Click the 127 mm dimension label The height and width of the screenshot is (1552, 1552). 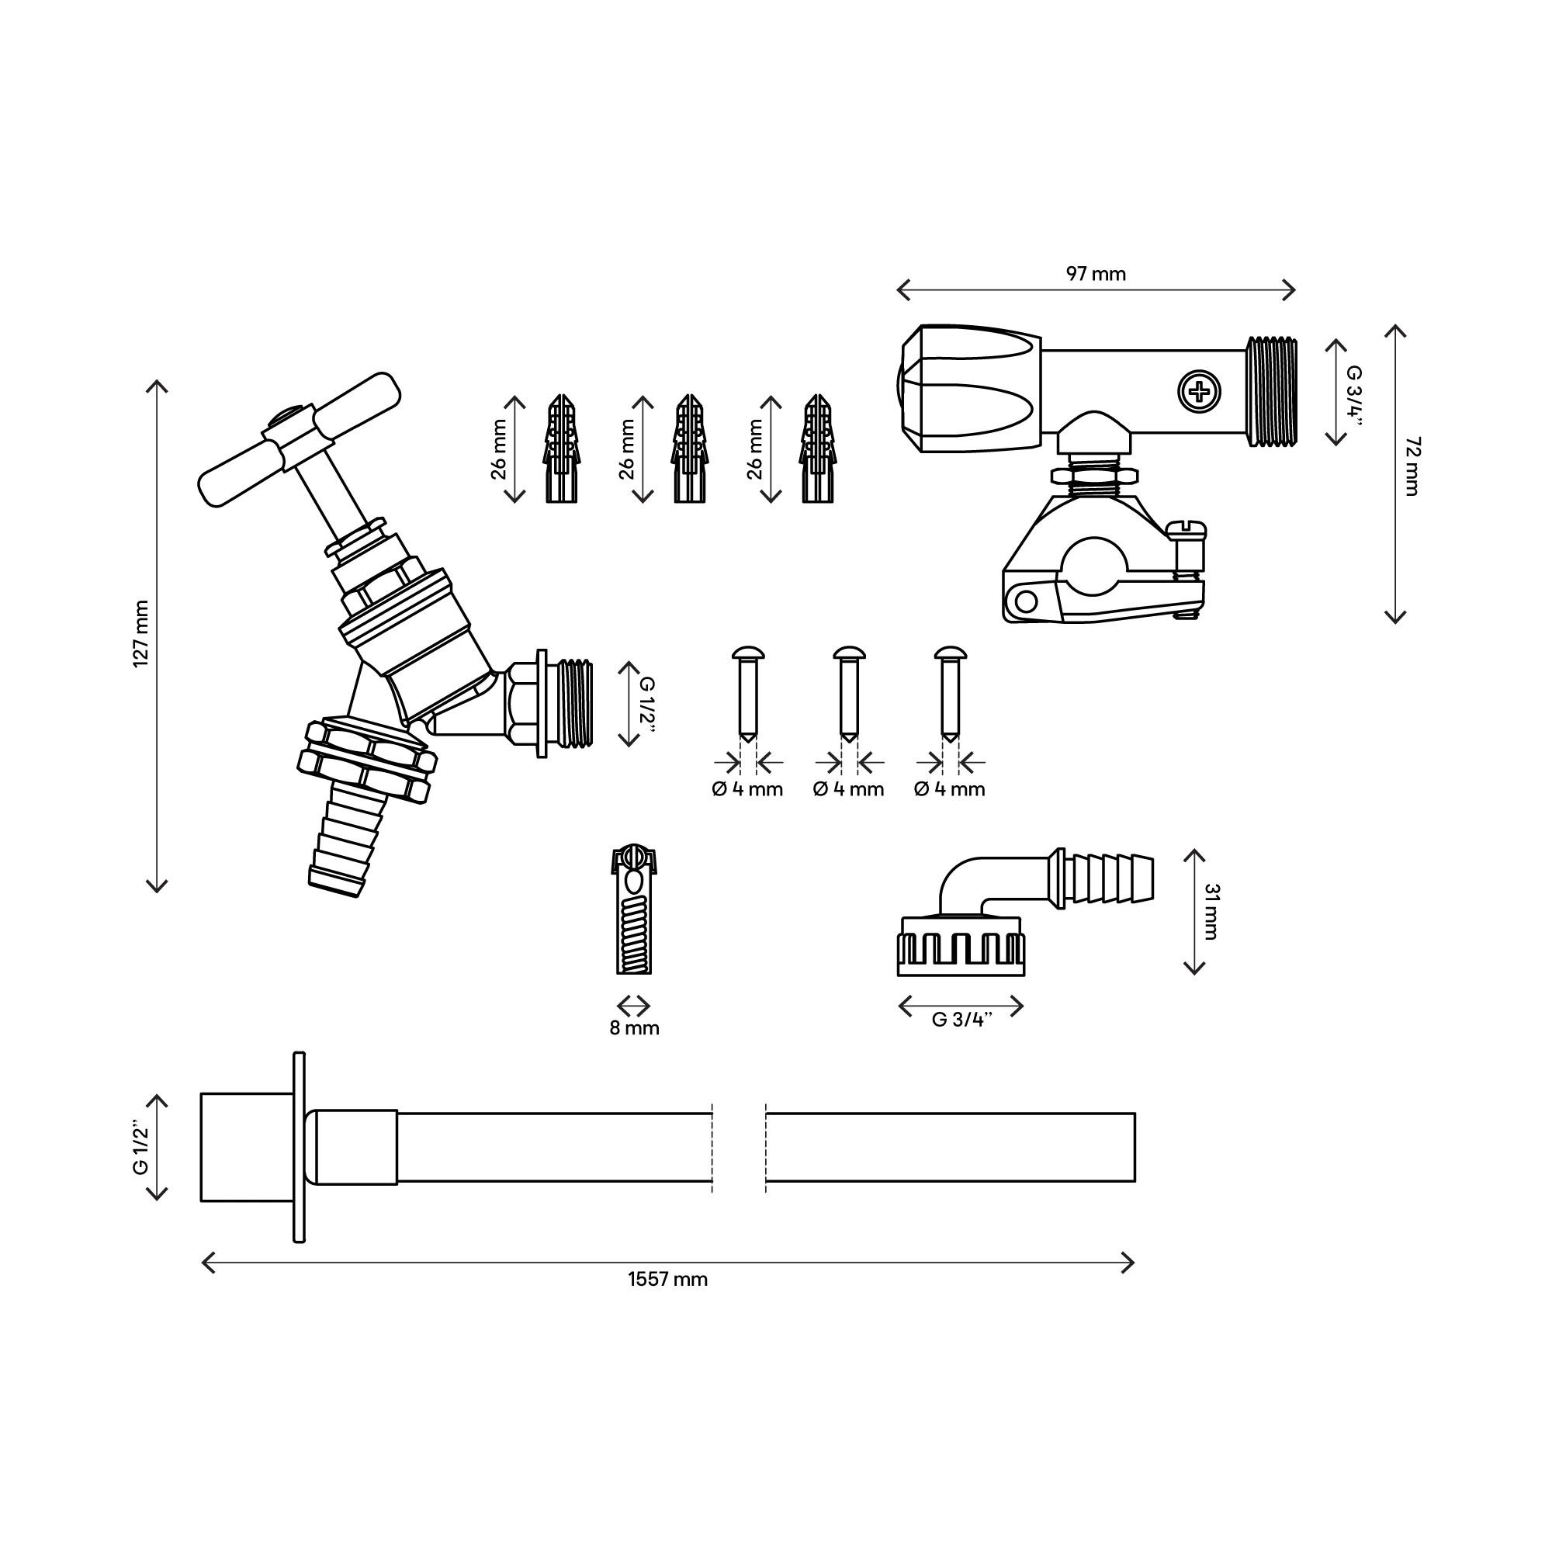click(x=141, y=634)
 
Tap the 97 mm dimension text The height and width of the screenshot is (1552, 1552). click(x=1096, y=274)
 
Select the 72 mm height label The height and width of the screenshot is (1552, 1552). click(x=1412, y=466)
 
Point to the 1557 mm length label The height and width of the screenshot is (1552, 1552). click(x=667, y=1280)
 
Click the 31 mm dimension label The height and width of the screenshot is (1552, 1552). click(x=1211, y=911)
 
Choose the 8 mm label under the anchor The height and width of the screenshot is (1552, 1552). click(x=634, y=1028)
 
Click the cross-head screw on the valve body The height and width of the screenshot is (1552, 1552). click(x=1199, y=392)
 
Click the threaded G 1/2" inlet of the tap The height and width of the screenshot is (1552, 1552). click(x=573, y=704)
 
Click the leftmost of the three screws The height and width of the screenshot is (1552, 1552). click(x=747, y=691)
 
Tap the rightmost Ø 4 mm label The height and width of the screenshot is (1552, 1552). click(x=950, y=790)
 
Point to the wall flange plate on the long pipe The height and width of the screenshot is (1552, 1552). click(x=299, y=1146)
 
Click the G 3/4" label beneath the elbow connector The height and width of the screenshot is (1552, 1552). click(x=961, y=1020)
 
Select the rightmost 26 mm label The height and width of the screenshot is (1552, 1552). click(x=755, y=449)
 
